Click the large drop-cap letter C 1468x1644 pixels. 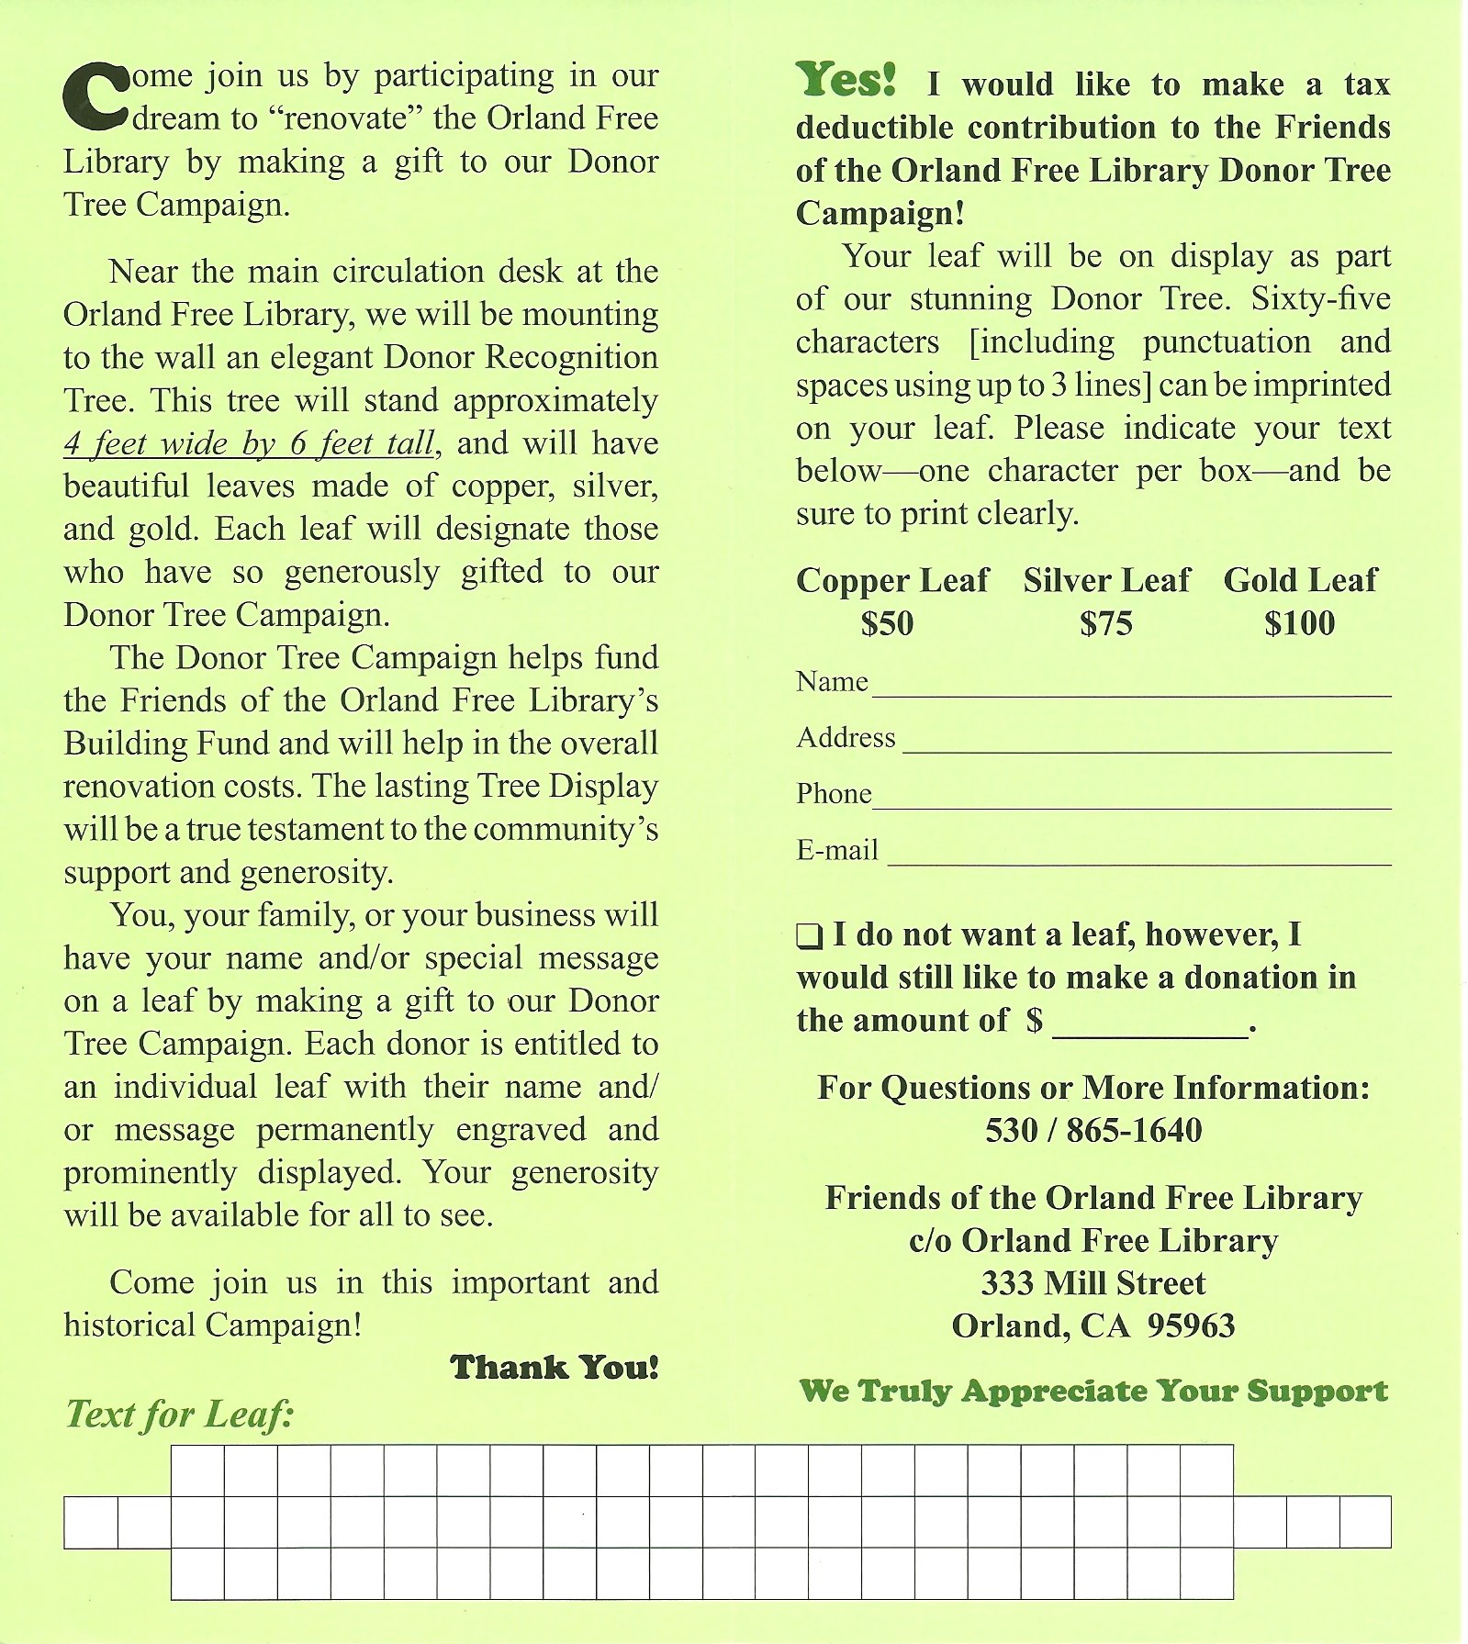pos(95,95)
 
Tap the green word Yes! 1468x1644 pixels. pos(846,80)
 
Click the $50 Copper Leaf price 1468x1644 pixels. pos(887,623)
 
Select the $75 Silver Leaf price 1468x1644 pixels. pos(1105,623)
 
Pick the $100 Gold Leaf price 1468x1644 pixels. pos(1299,623)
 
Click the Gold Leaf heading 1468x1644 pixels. pos(1300,580)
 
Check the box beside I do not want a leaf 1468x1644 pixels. pos(809,937)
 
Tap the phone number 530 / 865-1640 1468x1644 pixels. pos(1093,1130)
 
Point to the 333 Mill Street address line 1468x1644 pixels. pos(1093,1283)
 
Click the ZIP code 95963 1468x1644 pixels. pos(1191,1326)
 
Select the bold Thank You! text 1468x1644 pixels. pos(555,1368)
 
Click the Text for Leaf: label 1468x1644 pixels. pos(179,1415)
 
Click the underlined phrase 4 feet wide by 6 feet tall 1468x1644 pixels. pos(249,444)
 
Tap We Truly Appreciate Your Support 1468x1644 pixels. pos(1093,1392)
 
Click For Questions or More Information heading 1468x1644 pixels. pos(1093,1088)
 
